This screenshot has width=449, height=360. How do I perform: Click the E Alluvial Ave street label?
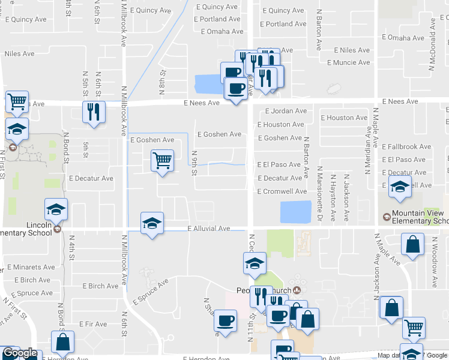point(209,229)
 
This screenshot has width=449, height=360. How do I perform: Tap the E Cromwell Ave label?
point(282,191)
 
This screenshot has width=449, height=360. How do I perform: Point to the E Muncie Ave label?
point(348,62)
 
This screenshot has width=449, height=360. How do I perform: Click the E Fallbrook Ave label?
point(406,146)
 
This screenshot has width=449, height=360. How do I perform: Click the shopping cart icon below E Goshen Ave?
point(162,161)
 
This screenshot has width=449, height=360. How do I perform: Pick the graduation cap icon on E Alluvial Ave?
point(152,223)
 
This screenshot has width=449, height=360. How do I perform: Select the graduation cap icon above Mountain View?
point(400,187)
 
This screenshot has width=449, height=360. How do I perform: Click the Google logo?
point(19,353)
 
